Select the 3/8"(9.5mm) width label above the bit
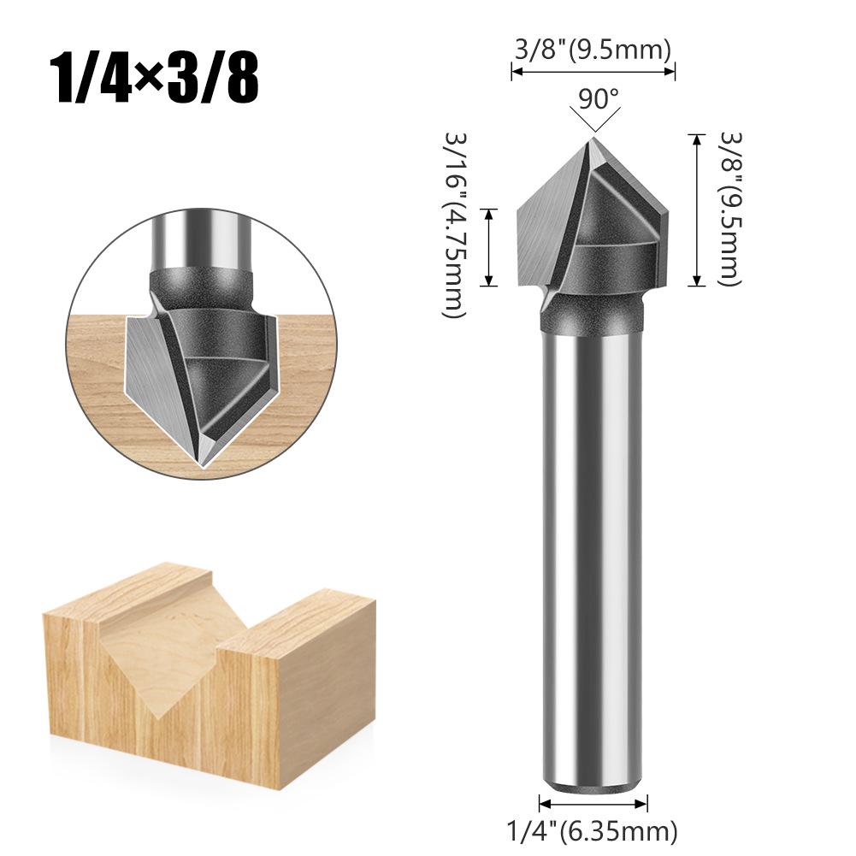[x=593, y=50]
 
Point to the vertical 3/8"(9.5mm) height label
[x=730, y=209]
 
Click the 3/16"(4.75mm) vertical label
[x=455, y=224]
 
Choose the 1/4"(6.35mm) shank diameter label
[x=593, y=832]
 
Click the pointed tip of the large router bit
[x=592, y=139]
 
